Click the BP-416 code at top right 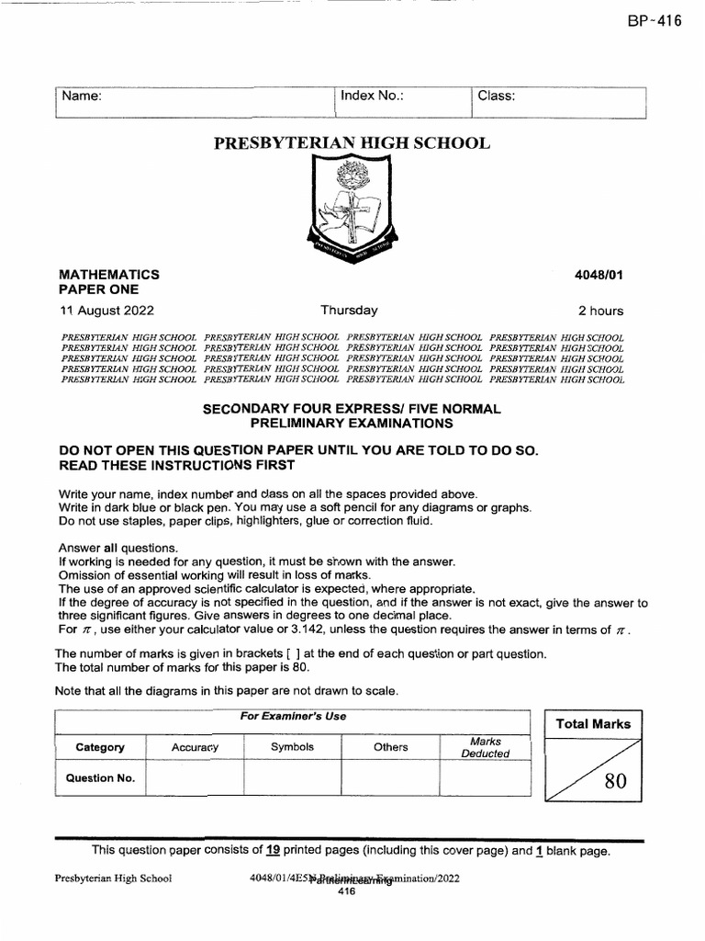(x=655, y=22)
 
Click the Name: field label (x=81, y=96)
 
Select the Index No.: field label (x=372, y=96)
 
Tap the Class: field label (x=495, y=96)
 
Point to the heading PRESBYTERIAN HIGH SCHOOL (x=352, y=143)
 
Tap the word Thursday (x=349, y=311)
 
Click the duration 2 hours (x=600, y=311)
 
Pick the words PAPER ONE (x=98, y=289)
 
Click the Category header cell (x=100, y=747)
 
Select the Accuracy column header (x=195, y=747)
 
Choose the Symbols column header (x=292, y=747)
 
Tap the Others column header (x=390, y=747)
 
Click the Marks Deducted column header (x=485, y=747)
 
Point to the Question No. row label (x=100, y=777)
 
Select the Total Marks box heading (x=593, y=724)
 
